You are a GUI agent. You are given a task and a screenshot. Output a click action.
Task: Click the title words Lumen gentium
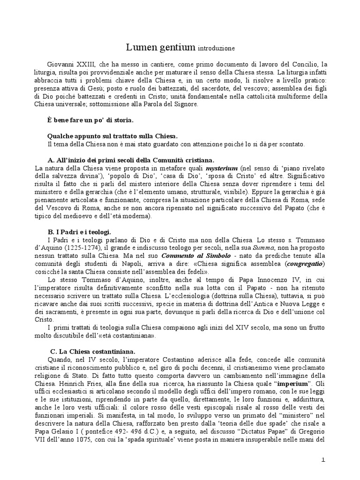(160, 47)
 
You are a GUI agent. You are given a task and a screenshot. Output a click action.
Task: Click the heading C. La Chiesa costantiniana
(93, 351)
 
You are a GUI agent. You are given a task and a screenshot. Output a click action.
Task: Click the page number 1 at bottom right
(323, 461)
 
